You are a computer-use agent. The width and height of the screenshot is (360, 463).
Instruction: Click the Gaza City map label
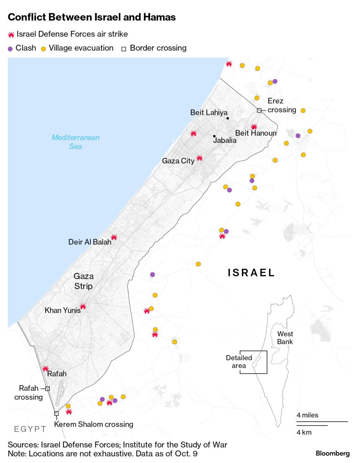[x=178, y=161]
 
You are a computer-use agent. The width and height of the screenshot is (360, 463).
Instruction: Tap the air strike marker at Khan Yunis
[x=83, y=306]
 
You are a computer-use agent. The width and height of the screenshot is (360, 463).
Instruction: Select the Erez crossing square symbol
[x=259, y=110]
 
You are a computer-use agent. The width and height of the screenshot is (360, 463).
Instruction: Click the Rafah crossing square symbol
[x=47, y=389]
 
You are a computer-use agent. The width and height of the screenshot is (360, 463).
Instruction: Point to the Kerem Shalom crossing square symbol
[x=56, y=413]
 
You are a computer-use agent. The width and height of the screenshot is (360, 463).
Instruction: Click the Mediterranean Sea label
[x=76, y=142]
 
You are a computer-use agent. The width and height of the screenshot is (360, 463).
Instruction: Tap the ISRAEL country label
[x=251, y=273]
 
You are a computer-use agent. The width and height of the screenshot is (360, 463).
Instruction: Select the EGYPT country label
[x=30, y=429]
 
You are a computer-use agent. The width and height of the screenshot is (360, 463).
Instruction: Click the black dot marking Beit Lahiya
[x=228, y=118]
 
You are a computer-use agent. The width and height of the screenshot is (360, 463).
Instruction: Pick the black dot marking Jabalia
[x=214, y=136]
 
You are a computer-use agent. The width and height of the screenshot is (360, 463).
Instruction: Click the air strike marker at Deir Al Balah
[x=114, y=237]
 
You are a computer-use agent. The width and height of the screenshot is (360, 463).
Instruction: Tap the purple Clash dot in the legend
[x=10, y=49]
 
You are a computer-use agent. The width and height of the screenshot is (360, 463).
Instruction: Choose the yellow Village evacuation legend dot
[x=43, y=49]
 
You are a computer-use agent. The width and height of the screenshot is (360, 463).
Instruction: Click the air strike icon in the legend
[x=11, y=35]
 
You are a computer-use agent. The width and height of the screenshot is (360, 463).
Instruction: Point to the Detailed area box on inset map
[x=253, y=362]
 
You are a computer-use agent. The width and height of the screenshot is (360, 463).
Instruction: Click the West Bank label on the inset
[x=285, y=338]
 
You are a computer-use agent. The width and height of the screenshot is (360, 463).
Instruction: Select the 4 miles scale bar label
[x=307, y=415]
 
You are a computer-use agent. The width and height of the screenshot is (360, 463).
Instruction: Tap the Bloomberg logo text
[x=333, y=453]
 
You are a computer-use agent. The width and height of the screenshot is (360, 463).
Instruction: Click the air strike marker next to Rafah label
[x=45, y=368]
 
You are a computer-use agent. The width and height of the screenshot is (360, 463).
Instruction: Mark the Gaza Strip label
[x=83, y=281]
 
